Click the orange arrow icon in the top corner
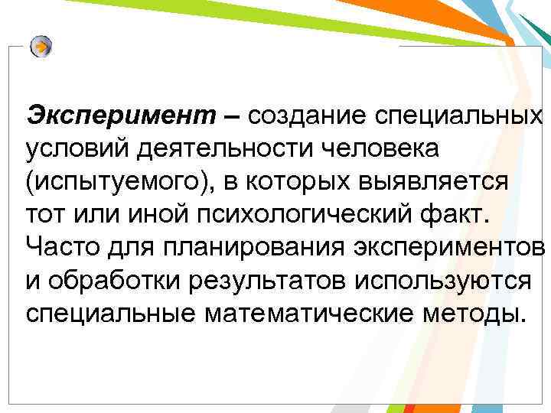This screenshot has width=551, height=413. [42, 47]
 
